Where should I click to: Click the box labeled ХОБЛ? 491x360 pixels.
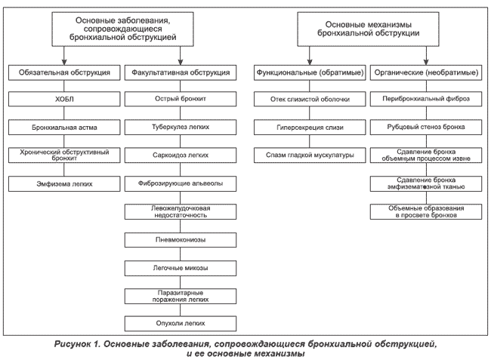click(64, 99)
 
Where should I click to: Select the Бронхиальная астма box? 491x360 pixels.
click(64, 128)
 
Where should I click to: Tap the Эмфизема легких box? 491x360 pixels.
click(64, 184)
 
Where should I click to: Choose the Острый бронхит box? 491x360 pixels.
click(181, 99)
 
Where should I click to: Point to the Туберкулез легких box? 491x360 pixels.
click(181, 128)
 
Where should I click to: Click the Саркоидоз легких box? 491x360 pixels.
click(181, 155)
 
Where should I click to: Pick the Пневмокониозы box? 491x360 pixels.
click(181, 240)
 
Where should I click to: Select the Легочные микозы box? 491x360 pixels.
click(181, 268)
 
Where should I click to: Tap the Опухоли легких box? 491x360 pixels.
click(181, 324)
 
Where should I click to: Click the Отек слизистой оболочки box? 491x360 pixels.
click(310, 99)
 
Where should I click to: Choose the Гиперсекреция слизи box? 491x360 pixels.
click(310, 128)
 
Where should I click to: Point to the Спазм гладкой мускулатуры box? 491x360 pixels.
click(310, 155)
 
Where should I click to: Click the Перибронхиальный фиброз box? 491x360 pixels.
click(426, 99)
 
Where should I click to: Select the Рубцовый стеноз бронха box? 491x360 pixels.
click(426, 128)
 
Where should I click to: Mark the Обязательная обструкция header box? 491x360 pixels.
click(64, 72)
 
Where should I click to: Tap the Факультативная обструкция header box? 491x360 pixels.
click(181, 72)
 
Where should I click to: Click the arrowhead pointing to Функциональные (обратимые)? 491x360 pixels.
click(310, 62)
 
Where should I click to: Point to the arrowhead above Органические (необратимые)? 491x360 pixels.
click(426, 62)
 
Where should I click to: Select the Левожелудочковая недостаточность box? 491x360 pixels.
click(181, 212)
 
